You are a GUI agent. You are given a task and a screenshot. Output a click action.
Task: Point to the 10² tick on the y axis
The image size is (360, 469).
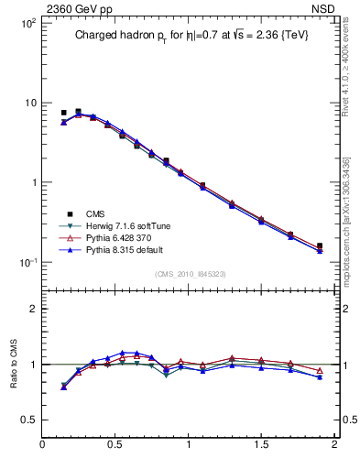coord(27,22)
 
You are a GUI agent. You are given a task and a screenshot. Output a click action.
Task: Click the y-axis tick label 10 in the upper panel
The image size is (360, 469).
coord(30,103)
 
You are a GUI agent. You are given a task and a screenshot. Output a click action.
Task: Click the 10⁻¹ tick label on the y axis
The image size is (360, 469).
coord(27,262)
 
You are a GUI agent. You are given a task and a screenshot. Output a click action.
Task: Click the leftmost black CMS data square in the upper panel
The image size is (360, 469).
coord(63,113)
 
